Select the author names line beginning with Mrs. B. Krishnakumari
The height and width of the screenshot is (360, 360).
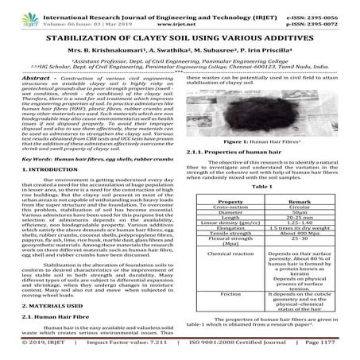coord(180,50)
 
